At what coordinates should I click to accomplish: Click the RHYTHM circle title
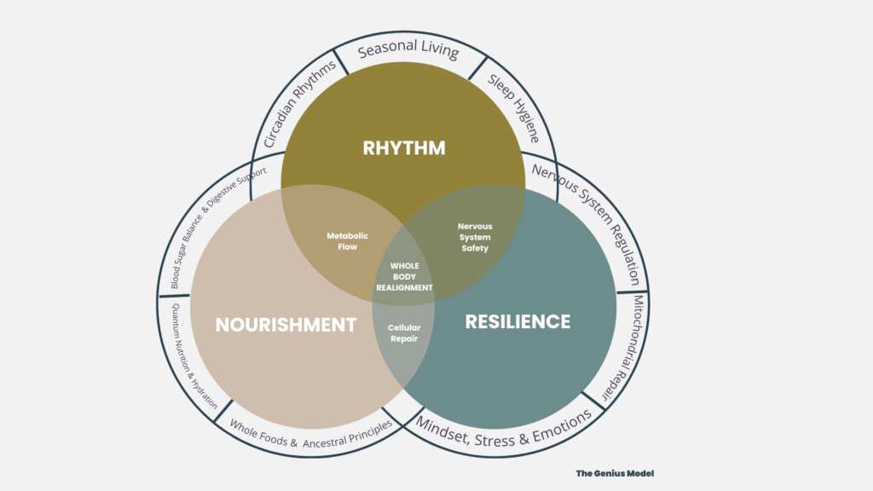(403, 147)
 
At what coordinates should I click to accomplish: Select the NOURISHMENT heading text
(286, 324)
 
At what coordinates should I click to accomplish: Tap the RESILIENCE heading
(517, 321)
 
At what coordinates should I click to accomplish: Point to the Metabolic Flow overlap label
(347, 241)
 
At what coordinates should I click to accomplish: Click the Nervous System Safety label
(475, 237)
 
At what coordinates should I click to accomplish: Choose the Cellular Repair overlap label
(404, 332)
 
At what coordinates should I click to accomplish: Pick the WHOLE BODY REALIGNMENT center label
(404, 276)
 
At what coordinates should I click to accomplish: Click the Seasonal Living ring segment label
(408, 49)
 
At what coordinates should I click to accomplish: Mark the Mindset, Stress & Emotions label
(503, 430)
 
